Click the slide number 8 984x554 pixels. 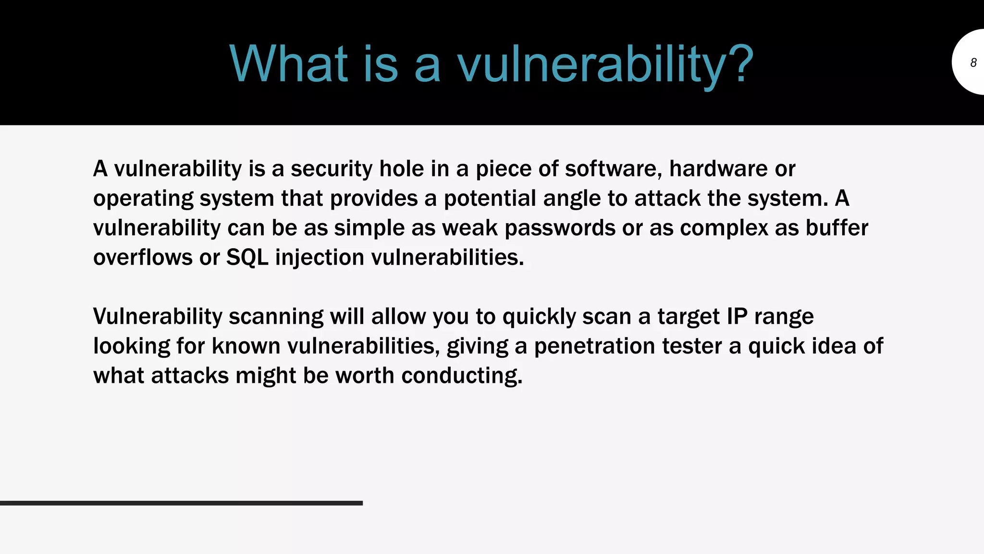click(x=973, y=63)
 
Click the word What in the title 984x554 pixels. click(x=288, y=64)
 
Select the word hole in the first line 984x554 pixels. click(x=396, y=169)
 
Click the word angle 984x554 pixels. click(x=572, y=199)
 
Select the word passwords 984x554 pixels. click(x=560, y=228)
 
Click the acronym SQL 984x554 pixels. click(x=247, y=258)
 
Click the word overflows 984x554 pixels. click(x=143, y=258)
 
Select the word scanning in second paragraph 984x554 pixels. click(x=276, y=317)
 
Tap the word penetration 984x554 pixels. click(x=594, y=346)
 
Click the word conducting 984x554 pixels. click(x=461, y=376)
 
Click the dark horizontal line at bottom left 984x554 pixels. click(x=181, y=503)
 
